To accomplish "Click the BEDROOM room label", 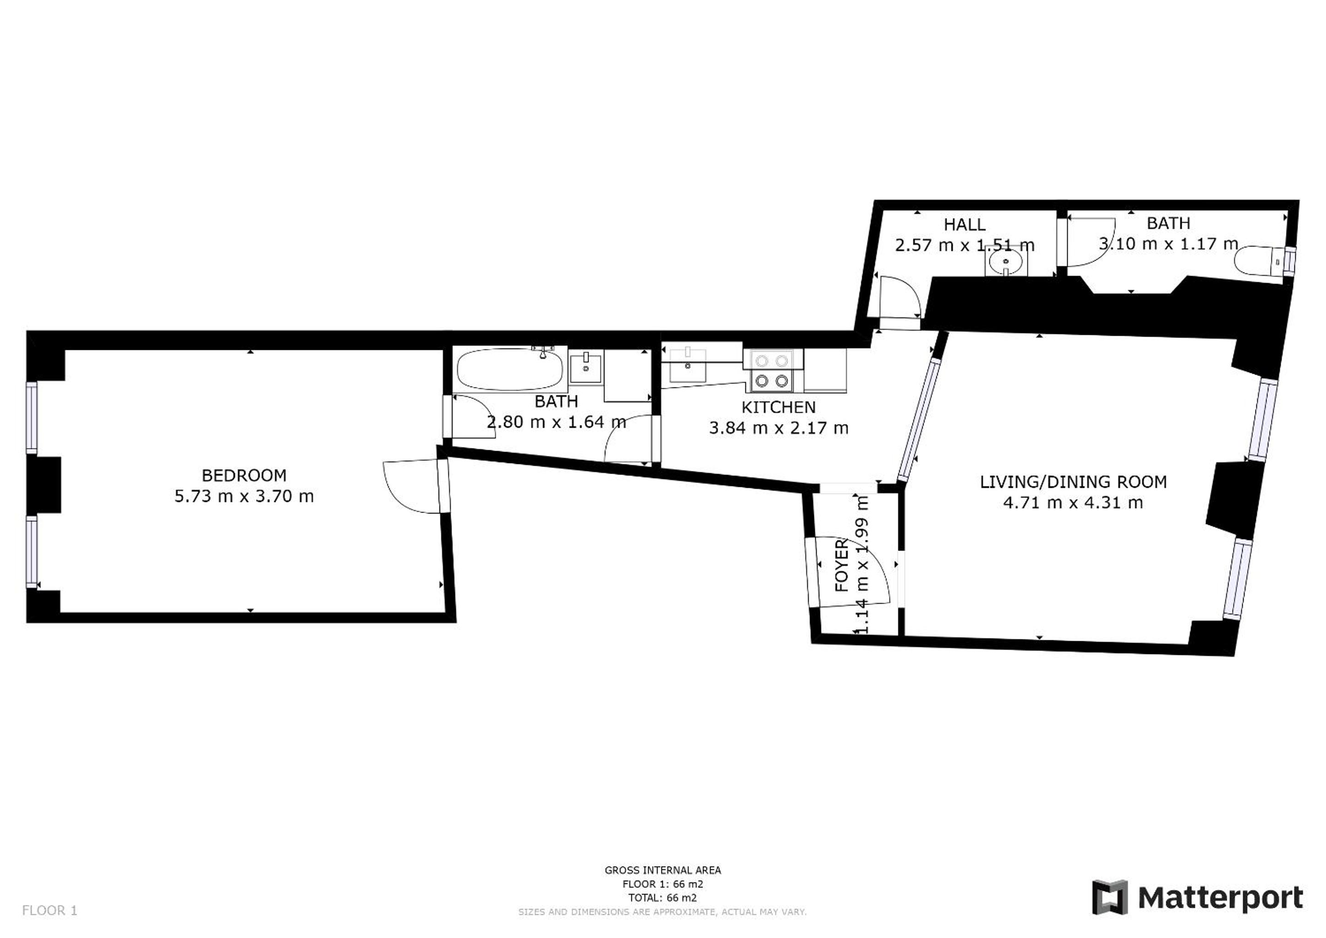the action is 244,475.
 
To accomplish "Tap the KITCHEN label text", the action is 779,407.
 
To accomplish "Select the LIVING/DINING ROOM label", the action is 1073,482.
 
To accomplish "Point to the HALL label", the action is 965,224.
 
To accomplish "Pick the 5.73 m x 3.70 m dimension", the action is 244,496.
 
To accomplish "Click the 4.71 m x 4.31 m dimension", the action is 1073,502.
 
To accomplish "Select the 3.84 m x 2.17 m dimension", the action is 779,428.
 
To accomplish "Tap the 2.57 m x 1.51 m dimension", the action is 965,245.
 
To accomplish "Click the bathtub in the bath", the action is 510,369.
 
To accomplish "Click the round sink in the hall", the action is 1006,263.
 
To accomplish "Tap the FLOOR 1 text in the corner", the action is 49,910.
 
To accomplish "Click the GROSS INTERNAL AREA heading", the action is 662,870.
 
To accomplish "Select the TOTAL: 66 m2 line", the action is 662,898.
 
